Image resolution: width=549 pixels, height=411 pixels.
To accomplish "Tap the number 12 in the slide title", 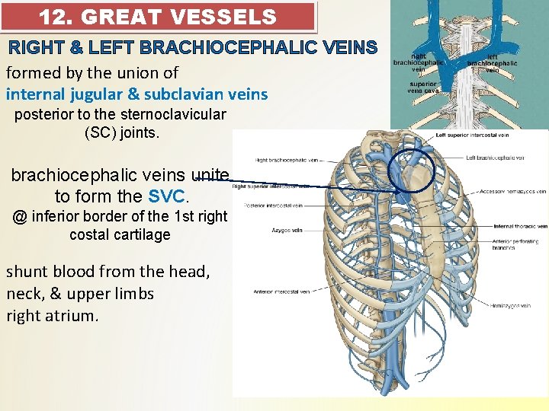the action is [x=53, y=16].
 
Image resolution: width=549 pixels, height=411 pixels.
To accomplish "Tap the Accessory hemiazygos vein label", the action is [x=513, y=192].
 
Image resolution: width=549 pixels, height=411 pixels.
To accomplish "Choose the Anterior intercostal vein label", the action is [x=282, y=291].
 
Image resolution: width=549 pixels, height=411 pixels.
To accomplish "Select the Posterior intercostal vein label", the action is [x=273, y=205].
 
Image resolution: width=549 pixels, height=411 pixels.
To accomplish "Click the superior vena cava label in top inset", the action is [x=424, y=87].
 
